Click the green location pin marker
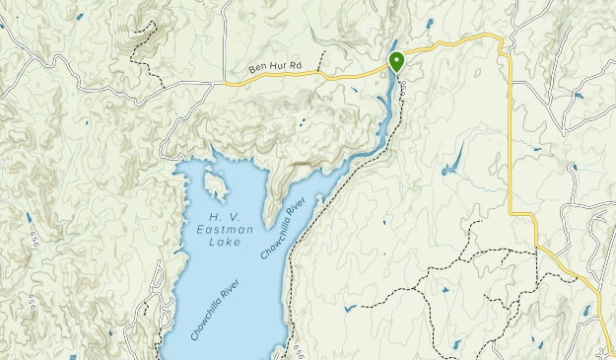pyautogui.click(x=396, y=62)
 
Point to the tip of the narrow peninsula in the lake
pyautogui.click(x=267, y=222)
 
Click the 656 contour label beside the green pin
pyautogui.click(x=405, y=90)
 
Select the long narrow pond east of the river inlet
pyautogui.click(x=453, y=160)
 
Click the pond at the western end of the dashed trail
pyautogui.click(x=351, y=309)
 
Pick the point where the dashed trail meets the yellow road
pyautogui.click(x=537, y=250)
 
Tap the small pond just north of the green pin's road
pyautogui.click(x=429, y=23)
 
